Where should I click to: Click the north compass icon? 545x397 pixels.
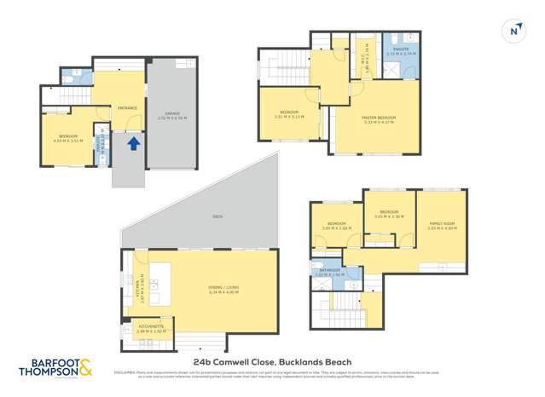point(513,30)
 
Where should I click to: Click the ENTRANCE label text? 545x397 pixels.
point(128,107)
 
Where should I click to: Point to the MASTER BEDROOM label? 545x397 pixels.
point(380,118)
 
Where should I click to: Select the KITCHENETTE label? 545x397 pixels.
point(137,325)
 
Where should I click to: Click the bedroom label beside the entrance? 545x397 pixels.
point(68,137)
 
